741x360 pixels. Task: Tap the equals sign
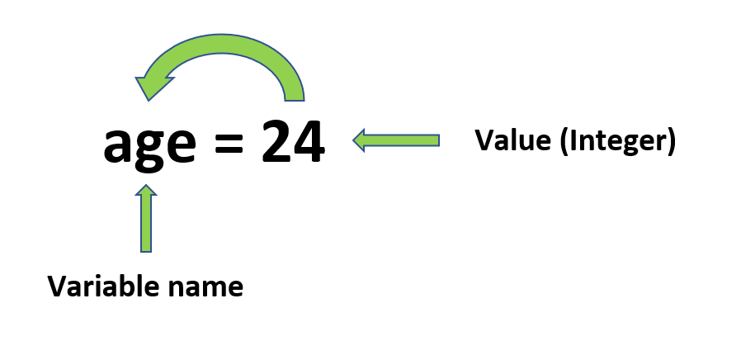tap(229, 142)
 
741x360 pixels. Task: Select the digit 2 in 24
tap(276, 141)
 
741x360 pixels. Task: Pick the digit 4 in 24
tap(309, 141)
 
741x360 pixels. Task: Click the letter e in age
tap(181, 144)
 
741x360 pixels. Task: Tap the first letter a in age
tap(118, 144)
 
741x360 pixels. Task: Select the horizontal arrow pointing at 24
tap(396, 140)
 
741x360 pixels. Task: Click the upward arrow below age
tap(146, 218)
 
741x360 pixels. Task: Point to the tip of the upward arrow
tap(146, 184)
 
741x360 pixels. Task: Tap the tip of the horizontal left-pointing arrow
tap(353, 140)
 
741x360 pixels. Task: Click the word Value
tap(512, 140)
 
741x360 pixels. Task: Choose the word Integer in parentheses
tap(619, 142)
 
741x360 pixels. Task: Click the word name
tap(205, 289)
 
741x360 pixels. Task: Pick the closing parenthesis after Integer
tap(672, 142)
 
